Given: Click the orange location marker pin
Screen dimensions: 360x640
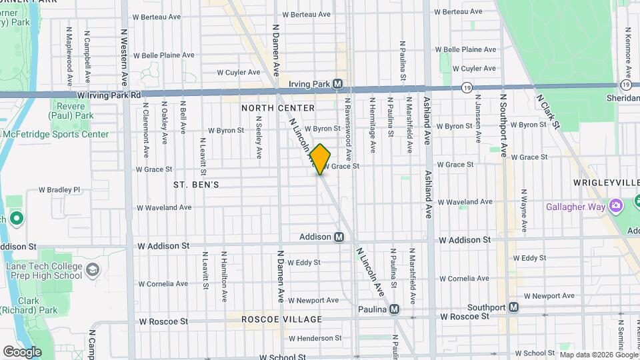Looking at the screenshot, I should [x=320, y=159].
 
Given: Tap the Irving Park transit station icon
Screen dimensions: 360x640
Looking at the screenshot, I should [x=338, y=85].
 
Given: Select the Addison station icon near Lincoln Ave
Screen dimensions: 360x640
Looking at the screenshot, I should [x=339, y=237].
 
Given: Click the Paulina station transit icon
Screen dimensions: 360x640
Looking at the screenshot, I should [x=395, y=309].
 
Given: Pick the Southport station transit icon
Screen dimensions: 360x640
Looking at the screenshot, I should [x=513, y=307].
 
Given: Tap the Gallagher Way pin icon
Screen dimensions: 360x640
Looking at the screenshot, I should [x=617, y=203].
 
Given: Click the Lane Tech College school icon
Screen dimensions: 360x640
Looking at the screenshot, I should [x=93, y=269].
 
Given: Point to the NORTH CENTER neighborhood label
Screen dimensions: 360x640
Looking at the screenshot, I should [x=278, y=108].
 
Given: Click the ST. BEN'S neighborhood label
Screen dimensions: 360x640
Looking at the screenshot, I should [x=196, y=184].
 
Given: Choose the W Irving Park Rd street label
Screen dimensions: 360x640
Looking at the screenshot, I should [x=109, y=95].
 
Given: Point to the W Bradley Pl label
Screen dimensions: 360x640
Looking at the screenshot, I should [x=59, y=189].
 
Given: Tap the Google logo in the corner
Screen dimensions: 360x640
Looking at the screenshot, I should [x=22, y=352].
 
